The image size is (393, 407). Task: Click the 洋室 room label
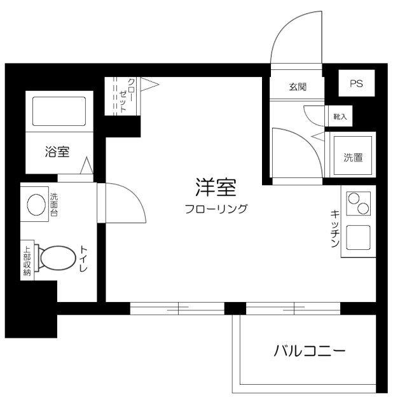(216, 188)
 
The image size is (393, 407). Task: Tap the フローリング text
(216, 208)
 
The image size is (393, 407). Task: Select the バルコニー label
(310, 350)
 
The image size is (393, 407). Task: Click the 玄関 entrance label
(298, 86)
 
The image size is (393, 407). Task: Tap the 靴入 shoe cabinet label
(340, 117)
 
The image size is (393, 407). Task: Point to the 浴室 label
(57, 152)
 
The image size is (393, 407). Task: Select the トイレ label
(83, 259)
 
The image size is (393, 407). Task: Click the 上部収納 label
(27, 261)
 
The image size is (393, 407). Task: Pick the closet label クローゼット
(127, 96)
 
